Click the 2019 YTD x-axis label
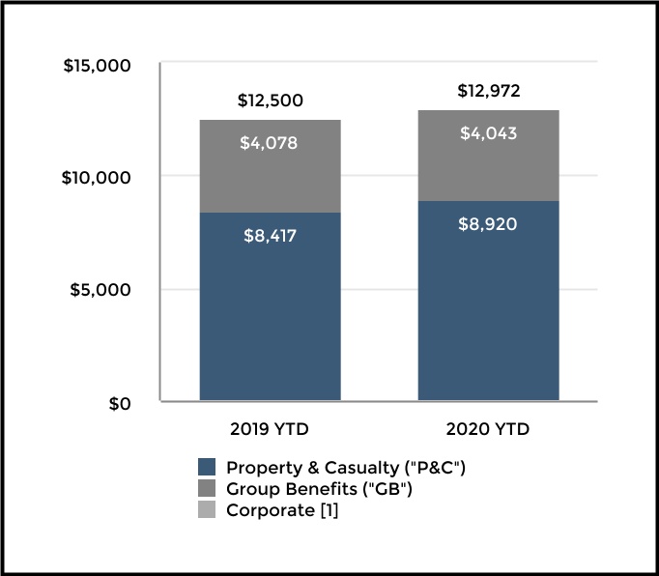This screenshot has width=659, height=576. click(x=270, y=428)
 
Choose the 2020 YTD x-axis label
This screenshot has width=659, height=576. click(x=488, y=428)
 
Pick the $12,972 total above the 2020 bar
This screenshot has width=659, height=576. click(x=488, y=92)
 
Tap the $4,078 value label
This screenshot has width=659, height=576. click(x=270, y=144)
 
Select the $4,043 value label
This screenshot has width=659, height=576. click(x=488, y=134)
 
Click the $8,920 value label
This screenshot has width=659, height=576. click(x=488, y=225)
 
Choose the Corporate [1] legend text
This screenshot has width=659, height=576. click(x=282, y=511)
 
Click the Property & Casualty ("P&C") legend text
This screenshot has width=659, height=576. click(x=345, y=467)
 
